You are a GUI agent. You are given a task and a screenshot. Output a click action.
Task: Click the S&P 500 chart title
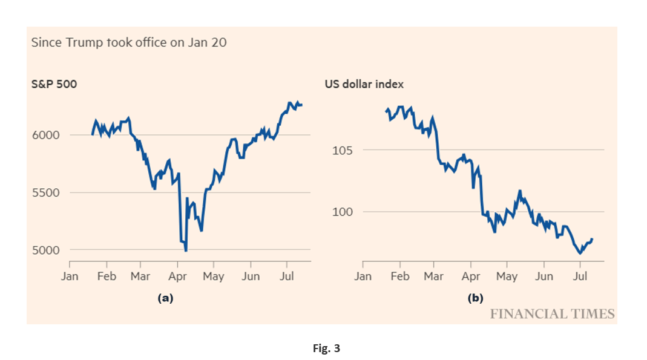54,84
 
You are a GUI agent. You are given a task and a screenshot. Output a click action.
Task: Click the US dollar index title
364,84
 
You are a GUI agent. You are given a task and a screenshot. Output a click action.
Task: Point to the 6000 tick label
46,135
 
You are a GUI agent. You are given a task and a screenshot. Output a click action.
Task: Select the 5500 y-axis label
46,192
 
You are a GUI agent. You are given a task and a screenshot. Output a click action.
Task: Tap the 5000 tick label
46,250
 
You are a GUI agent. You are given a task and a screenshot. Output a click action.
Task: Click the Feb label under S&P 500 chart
107,276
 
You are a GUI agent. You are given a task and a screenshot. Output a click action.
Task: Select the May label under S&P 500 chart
213,276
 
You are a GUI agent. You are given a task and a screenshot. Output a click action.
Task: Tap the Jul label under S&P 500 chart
287,276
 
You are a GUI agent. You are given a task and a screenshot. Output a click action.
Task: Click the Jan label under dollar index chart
363,276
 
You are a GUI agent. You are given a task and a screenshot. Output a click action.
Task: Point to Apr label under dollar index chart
471,276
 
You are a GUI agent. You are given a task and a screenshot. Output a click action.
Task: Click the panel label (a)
165,298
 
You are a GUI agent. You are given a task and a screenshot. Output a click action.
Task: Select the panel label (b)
475,298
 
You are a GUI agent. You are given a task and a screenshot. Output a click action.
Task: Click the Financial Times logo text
551,313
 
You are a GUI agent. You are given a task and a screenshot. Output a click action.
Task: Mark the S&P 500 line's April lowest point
186,250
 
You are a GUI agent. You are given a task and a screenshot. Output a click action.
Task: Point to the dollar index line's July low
580,253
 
